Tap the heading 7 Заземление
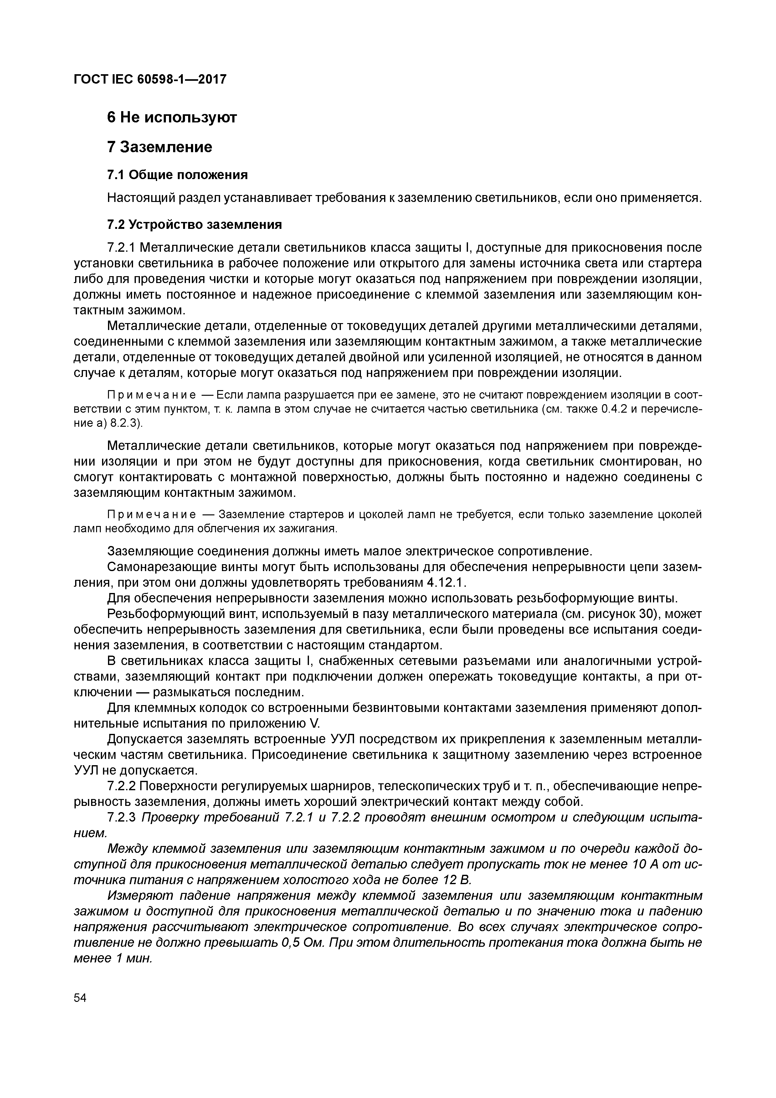click(160, 147)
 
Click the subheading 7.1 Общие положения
click(177, 175)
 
